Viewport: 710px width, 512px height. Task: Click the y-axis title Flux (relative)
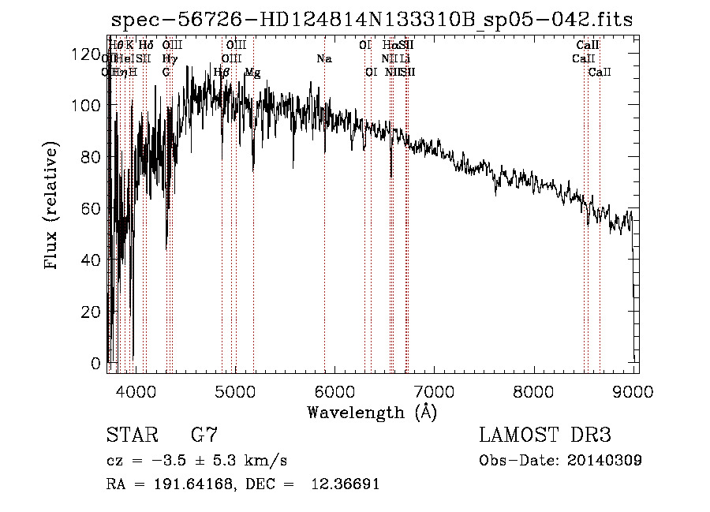[52, 207]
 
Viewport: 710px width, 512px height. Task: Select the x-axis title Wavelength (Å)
[372, 412]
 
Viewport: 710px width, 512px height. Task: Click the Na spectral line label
[323, 58]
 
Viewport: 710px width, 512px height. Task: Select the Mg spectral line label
[252, 73]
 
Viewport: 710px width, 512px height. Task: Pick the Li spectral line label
[404, 58]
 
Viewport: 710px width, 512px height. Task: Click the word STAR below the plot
[132, 435]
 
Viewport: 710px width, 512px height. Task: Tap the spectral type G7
[204, 435]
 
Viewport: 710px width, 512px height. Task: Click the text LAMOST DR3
[544, 435]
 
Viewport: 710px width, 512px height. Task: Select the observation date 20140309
[605, 461]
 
